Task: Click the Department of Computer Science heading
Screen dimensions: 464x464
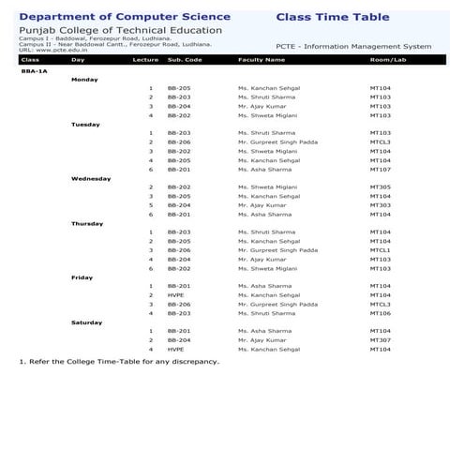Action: coord(124,17)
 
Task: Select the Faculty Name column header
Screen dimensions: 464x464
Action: coord(262,59)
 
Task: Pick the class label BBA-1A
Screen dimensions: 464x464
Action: coord(34,70)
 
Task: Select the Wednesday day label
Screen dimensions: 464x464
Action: coord(91,178)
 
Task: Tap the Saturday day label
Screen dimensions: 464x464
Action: coord(87,322)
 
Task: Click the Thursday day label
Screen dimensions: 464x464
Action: coord(87,223)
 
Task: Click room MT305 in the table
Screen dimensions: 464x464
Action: coord(380,187)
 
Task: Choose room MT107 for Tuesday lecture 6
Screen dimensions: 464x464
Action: coord(380,170)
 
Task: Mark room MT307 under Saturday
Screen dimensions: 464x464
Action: coord(380,339)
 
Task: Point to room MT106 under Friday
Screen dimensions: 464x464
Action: coord(380,313)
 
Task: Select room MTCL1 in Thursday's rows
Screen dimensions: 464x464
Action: coord(380,250)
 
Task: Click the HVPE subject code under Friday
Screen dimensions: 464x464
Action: coord(175,295)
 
